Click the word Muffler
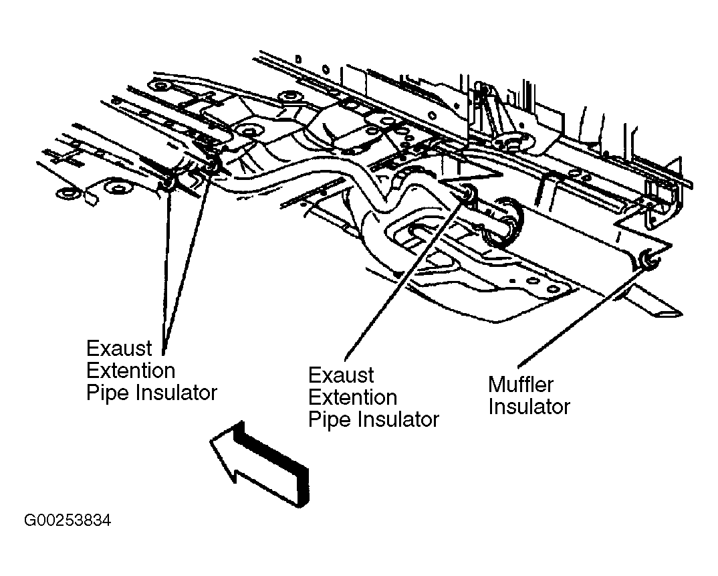click(521, 385)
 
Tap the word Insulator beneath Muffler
click(529, 407)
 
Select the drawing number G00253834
click(68, 520)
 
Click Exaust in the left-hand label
click(118, 349)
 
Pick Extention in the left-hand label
click(130, 370)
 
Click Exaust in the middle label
click(341, 375)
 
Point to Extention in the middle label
click(352, 397)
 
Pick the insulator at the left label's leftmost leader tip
click(168, 184)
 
